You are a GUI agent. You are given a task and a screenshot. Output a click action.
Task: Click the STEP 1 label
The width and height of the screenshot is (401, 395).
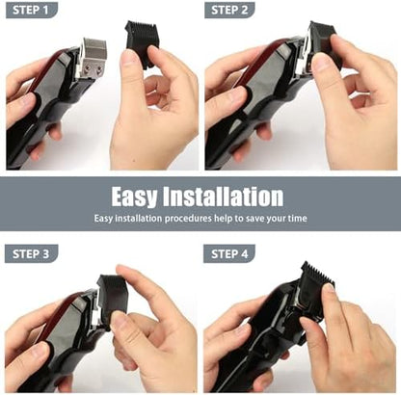tap(31, 10)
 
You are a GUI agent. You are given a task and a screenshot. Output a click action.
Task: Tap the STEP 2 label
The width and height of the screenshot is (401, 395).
tap(229, 10)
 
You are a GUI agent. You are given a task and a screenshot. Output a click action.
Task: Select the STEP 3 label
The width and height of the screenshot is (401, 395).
tap(31, 254)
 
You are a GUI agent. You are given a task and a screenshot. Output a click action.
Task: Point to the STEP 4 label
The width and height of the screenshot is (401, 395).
tap(229, 254)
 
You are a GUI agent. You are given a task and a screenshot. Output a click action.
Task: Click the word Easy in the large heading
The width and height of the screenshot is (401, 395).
tap(135, 197)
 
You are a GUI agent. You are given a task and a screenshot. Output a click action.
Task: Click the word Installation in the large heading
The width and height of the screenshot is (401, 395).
tap(224, 197)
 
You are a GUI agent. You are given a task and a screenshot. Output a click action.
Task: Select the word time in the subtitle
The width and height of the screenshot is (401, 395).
tap(297, 219)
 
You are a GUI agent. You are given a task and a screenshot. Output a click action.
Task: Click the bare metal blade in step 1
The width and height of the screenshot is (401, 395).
tap(93, 56)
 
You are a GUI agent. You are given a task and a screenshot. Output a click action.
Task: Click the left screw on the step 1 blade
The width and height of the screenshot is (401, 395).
tap(88, 67)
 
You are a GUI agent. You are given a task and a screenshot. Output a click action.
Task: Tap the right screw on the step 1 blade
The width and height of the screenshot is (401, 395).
tap(99, 68)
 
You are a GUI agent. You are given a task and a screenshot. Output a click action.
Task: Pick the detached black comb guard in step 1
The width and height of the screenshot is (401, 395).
tap(141, 42)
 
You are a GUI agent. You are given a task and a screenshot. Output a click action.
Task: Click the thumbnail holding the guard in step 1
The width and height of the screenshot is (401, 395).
tap(129, 58)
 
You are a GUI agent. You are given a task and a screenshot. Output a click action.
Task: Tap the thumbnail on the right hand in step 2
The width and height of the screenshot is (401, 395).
tap(321, 62)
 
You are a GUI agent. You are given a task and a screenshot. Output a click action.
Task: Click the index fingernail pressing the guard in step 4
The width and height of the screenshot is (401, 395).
tap(329, 287)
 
